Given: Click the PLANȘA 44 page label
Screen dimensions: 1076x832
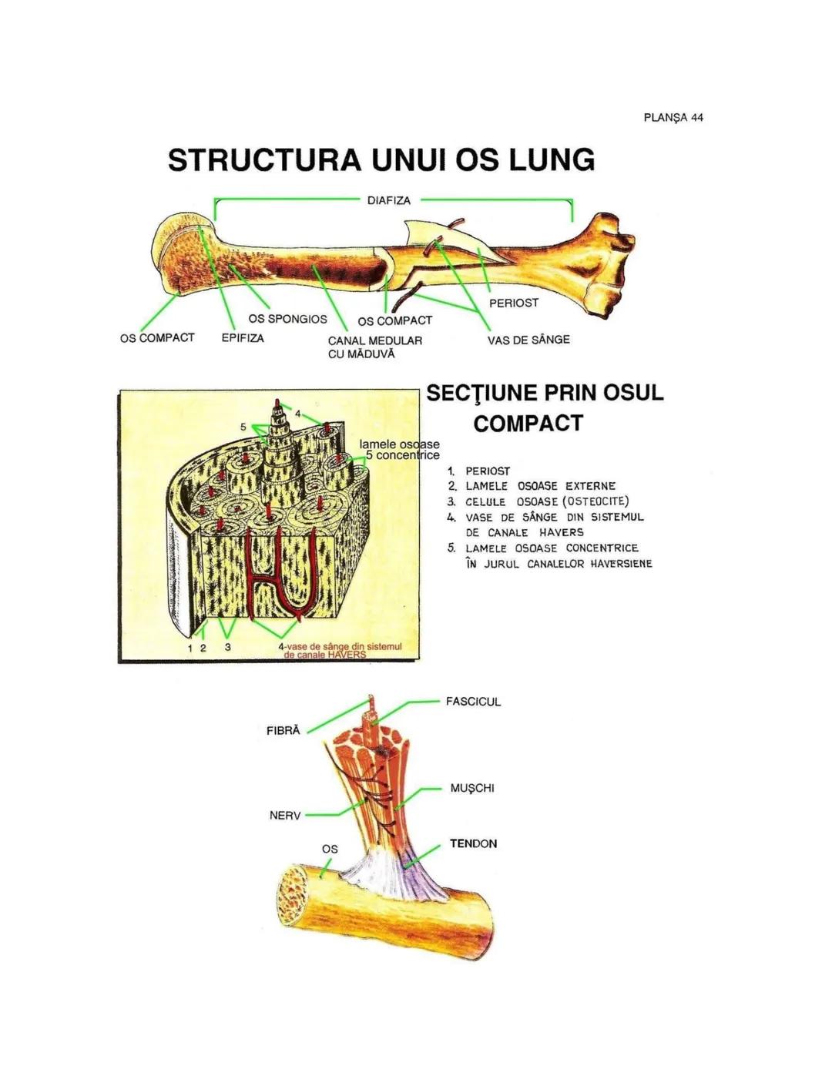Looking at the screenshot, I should [x=673, y=118].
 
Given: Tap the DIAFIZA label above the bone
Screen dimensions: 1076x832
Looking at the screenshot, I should [x=388, y=200].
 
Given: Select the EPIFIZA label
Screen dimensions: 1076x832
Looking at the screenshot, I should [x=243, y=338].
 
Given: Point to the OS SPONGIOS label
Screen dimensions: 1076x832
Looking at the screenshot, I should [x=287, y=319].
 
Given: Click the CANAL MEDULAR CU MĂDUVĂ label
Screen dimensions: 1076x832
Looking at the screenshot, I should [x=375, y=347].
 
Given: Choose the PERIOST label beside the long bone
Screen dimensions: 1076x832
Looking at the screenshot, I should [x=513, y=303].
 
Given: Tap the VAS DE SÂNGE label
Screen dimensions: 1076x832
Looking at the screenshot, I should [x=528, y=340].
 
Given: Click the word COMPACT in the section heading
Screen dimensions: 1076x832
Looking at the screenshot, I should [x=528, y=424].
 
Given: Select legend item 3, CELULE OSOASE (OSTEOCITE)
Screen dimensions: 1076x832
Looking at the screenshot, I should [x=547, y=501].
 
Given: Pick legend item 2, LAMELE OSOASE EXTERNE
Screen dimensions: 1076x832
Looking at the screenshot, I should [x=540, y=486].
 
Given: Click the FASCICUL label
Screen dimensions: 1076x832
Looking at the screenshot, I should [x=473, y=702].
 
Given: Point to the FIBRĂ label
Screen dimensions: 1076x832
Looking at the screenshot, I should [x=283, y=731].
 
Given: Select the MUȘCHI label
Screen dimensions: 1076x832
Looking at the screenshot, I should [x=471, y=788].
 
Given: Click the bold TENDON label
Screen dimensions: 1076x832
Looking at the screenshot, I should [x=473, y=843].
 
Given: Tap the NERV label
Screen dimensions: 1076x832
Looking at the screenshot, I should [x=285, y=815].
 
